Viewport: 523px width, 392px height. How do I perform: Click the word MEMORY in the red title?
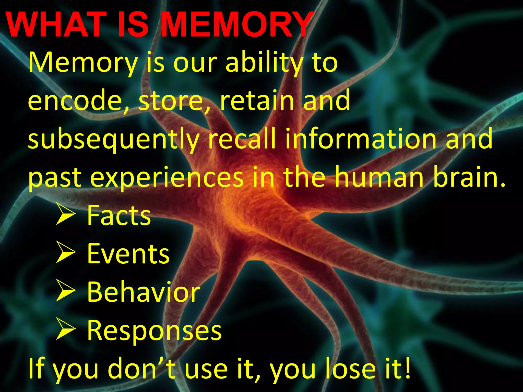tap(236, 25)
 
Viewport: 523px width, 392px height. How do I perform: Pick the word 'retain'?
tap(257, 101)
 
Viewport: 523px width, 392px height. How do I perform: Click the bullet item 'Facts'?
tap(119, 216)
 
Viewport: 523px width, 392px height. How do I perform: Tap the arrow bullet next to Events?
tap(66, 252)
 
